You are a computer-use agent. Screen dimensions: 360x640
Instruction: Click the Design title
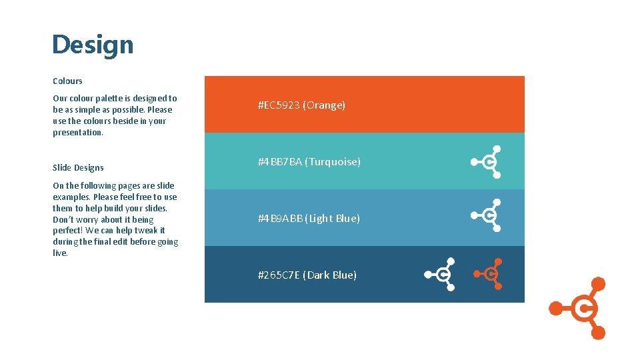tap(93, 45)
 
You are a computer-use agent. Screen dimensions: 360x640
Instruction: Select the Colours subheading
tap(67, 81)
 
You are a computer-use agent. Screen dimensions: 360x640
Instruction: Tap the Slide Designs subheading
tap(78, 167)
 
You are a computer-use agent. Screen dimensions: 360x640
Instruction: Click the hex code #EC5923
tap(279, 105)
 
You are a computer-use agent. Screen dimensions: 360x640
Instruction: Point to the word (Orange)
tap(324, 105)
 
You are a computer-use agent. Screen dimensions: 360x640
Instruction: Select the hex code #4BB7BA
tap(280, 162)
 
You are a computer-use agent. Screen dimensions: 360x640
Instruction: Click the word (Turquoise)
tap(333, 162)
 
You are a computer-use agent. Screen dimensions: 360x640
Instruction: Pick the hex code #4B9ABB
tap(280, 219)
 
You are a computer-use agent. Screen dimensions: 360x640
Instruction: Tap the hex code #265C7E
tap(279, 275)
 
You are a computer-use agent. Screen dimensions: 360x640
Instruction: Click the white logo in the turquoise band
tap(487, 161)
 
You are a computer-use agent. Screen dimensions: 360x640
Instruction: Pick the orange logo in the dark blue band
tap(489, 273)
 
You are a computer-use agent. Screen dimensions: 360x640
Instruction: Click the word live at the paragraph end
tap(60, 253)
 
